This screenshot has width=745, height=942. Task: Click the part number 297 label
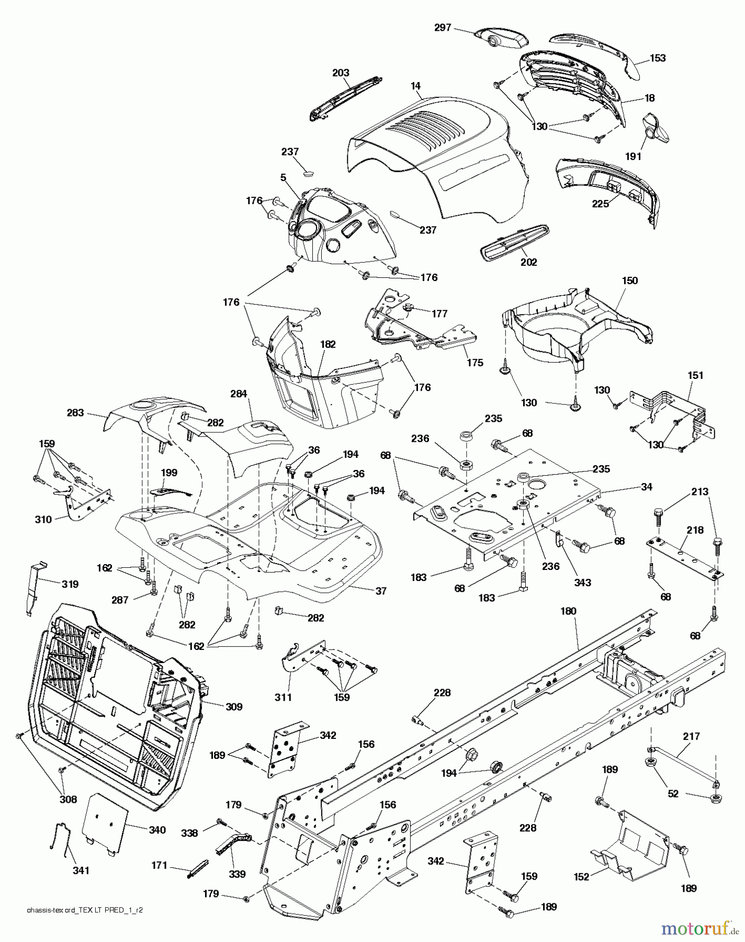tap(442, 27)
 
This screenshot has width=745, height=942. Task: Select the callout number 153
tap(658, 58)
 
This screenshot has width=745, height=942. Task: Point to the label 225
tap(600, 204)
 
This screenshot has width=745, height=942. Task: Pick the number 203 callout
tap(341, 73)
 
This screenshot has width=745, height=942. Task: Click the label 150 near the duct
tap(630, 281)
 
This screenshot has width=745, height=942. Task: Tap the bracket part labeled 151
tap(675, 413)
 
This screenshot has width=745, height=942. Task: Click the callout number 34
tap(647, 487)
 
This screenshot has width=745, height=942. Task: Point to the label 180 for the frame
tap(568, 611)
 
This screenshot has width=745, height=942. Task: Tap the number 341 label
tap(81, 870)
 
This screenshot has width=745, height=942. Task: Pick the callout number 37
tap(381, 591)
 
